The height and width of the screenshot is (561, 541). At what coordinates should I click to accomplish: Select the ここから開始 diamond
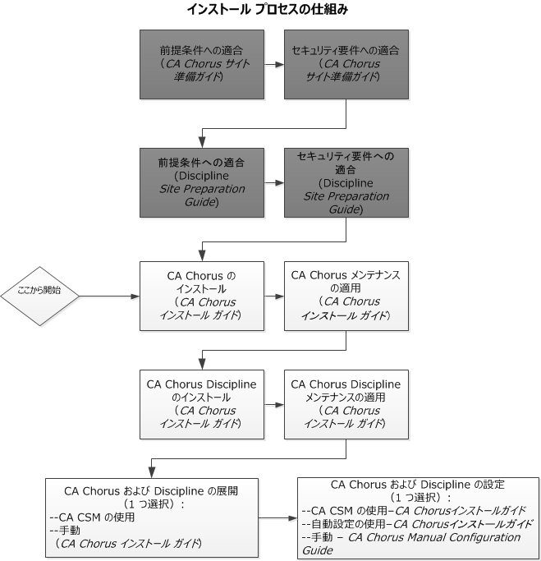(x=39, y=296)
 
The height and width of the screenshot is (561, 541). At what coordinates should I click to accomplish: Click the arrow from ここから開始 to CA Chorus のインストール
(x=107, y=296)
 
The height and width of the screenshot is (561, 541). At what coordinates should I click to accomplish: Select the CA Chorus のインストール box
(x=202, y=296)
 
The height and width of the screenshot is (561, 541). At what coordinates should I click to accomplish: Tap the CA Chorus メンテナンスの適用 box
(x=346, y=296)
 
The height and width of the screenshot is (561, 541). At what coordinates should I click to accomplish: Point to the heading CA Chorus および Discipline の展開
(x=153, y=491)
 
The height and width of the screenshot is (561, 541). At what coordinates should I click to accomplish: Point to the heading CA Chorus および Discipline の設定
(x=417, y=485)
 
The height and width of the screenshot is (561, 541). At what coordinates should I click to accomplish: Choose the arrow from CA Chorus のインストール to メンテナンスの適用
(x=274, y=296)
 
